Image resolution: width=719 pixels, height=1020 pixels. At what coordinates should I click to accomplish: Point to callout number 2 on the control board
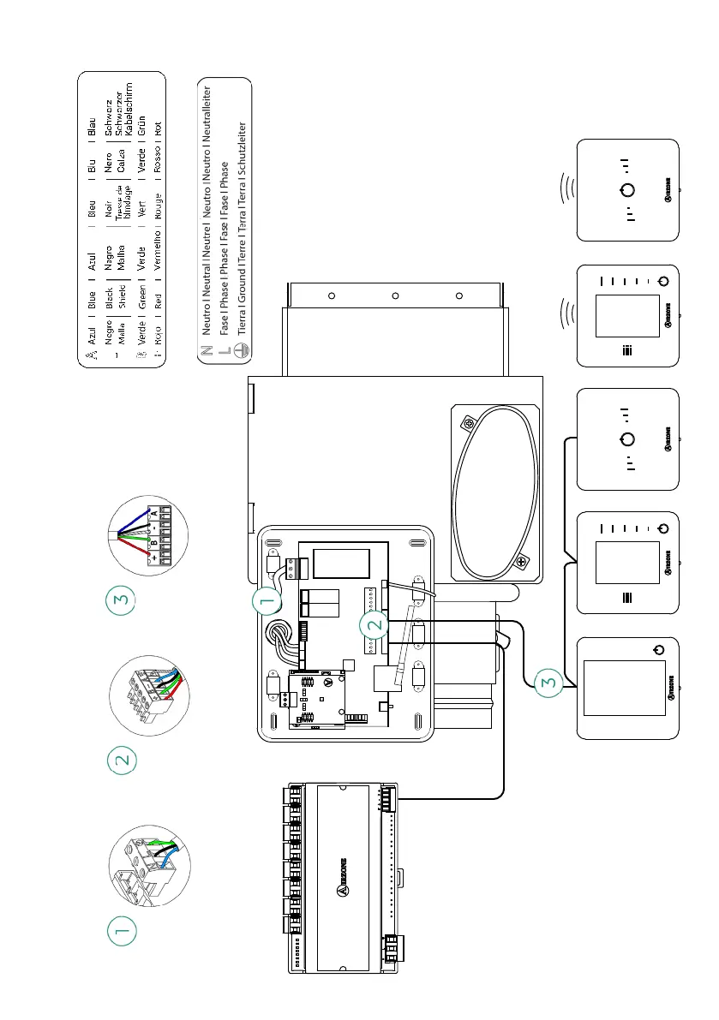374,625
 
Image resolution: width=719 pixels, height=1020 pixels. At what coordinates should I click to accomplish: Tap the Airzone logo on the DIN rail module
340,891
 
